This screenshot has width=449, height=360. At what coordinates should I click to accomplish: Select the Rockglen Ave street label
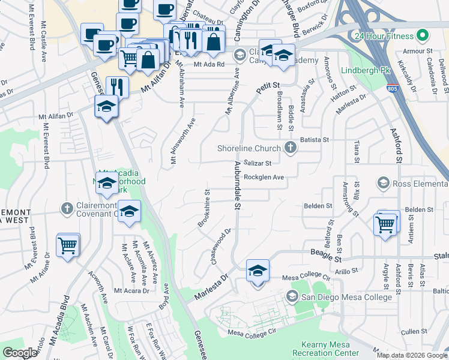tap(264, 178)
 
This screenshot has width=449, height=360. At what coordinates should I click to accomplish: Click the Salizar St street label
tap(259, 163)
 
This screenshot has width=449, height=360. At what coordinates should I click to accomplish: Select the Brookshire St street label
tap(204, 209)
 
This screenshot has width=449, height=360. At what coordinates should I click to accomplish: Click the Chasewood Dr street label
tap(221, 247)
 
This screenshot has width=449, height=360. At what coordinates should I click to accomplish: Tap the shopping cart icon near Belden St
tap(385, 225)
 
